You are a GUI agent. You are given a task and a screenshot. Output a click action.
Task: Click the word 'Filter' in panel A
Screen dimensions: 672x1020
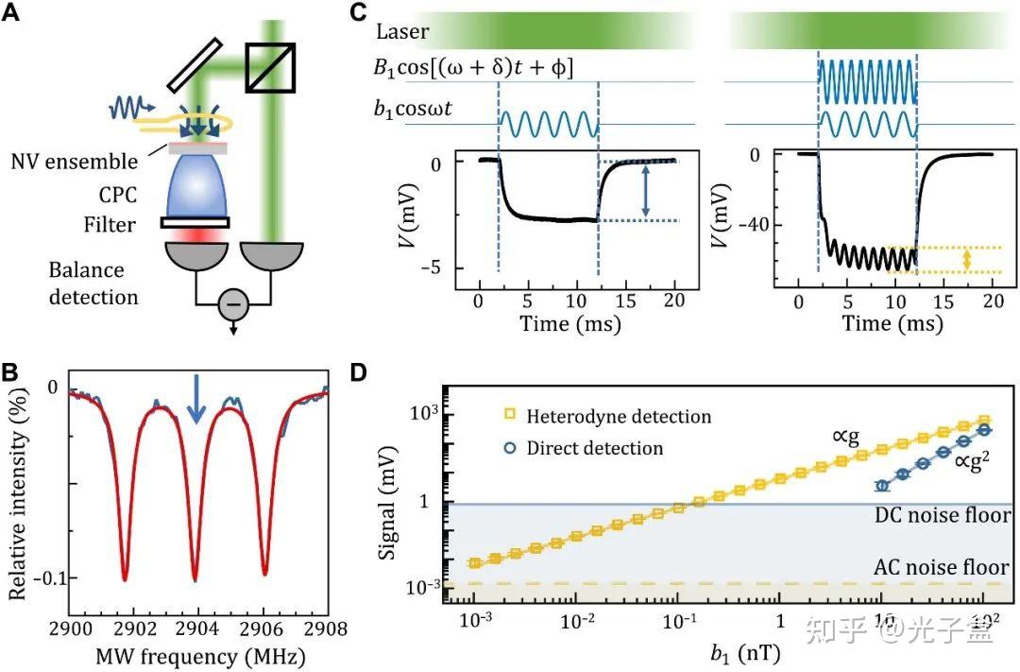[x=112, y=225]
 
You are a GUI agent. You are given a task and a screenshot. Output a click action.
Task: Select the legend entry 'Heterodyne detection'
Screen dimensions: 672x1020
[x=619, y=416]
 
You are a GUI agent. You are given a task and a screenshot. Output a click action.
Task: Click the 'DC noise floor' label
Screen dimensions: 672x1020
[x=942, y=517]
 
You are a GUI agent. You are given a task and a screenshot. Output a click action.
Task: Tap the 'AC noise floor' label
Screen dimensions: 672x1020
[x=942, y=568]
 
